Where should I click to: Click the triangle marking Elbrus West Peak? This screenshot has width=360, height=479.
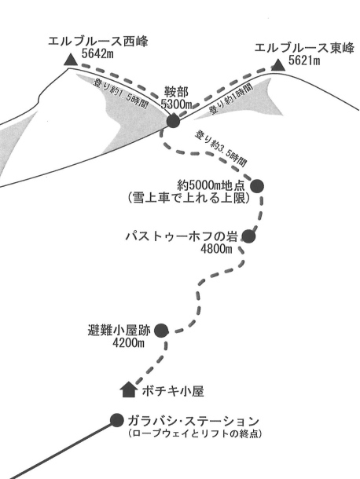(x=71, y=60)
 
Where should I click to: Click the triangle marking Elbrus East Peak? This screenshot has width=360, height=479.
(x=278, y=64)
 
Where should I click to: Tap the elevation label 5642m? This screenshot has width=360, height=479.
(x=97, y=53)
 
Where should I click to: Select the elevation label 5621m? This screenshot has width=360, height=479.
(x=304, y=60)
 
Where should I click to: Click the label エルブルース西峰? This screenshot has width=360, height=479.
(x=98, y=42)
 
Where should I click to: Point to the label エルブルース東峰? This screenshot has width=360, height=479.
(x=304, y=48)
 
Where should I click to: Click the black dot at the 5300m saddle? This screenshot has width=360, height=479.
(x=173, y=121)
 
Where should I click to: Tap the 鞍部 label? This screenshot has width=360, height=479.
(x=176, y=92)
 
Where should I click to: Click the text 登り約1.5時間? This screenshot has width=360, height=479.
(x=122, y=93)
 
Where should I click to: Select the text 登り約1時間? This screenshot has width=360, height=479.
(x=231, y=98)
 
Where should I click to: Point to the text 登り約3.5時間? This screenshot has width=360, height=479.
(x=221, y=148)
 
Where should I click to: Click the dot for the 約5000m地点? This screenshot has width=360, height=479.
(x=257, y=186)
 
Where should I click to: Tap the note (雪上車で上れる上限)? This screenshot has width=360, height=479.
(x=189, y=198)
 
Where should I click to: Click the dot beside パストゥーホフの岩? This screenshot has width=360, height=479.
(x=248, y=236)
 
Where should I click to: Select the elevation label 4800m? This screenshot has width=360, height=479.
(x=216, y=249)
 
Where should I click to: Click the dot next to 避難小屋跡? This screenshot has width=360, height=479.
(x=161, y=331)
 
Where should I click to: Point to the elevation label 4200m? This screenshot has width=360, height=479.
(x=128, y=343)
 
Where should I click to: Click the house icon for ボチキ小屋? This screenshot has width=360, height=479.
(x=128, y=389)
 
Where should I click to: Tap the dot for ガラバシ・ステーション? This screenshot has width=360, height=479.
(x=116, y=420)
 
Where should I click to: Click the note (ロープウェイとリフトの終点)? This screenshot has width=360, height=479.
(x=195, y=433)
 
